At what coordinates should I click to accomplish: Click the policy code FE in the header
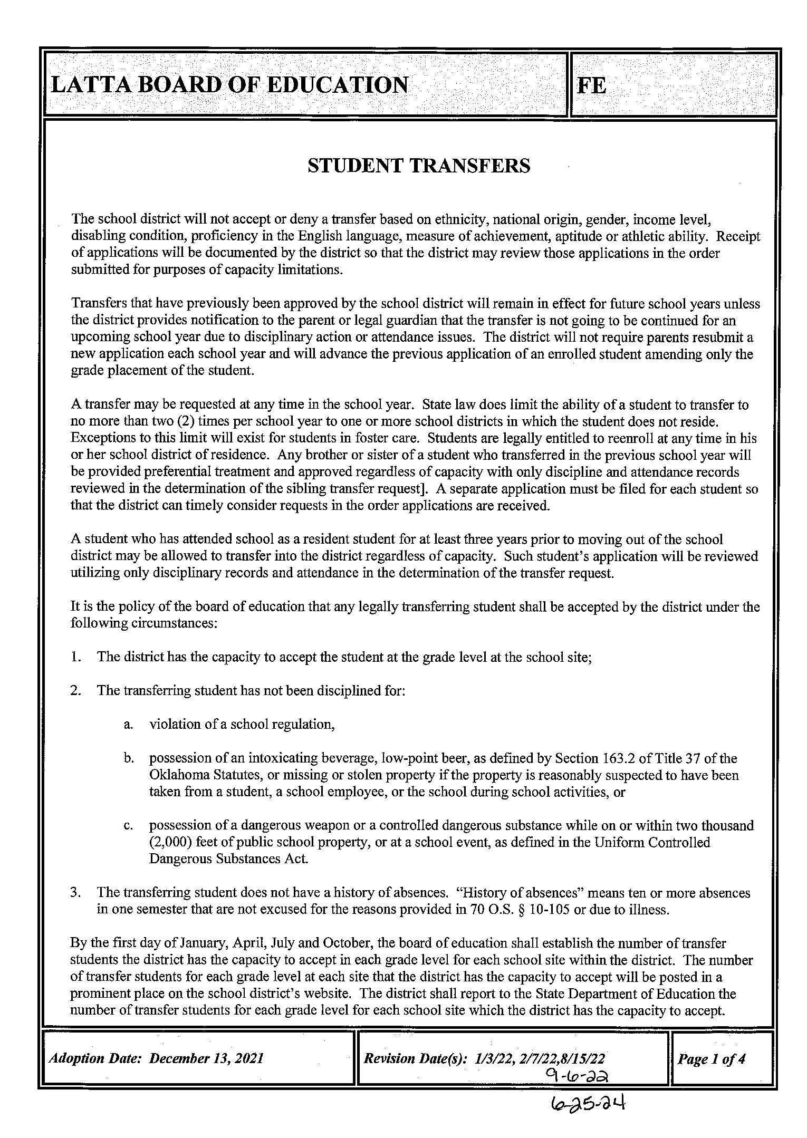pyautogui.click(x=592, y=85)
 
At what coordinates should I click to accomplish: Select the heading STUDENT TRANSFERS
pyautogui.click(x=419, y=166)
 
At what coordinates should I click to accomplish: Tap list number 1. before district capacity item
pyautogui.click(x=76, y=657)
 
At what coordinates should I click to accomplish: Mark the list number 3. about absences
pyautogui.click(x=76, y=893)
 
